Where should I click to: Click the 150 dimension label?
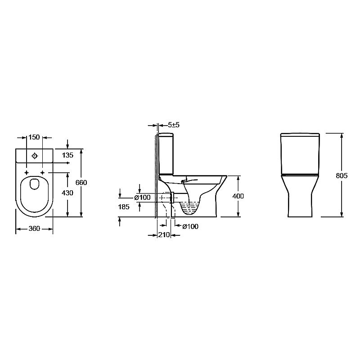point(34,137)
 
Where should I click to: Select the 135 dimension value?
point(68,155)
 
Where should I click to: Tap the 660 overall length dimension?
point(81,183)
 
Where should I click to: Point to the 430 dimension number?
point(67,193)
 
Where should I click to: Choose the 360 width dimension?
point(34,229)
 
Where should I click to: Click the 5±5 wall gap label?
point(174,125)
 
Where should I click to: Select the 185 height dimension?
point(124,207)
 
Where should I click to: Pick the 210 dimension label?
point(164,235)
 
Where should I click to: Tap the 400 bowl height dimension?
point(238,196)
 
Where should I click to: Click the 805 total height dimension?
point(342,175)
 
